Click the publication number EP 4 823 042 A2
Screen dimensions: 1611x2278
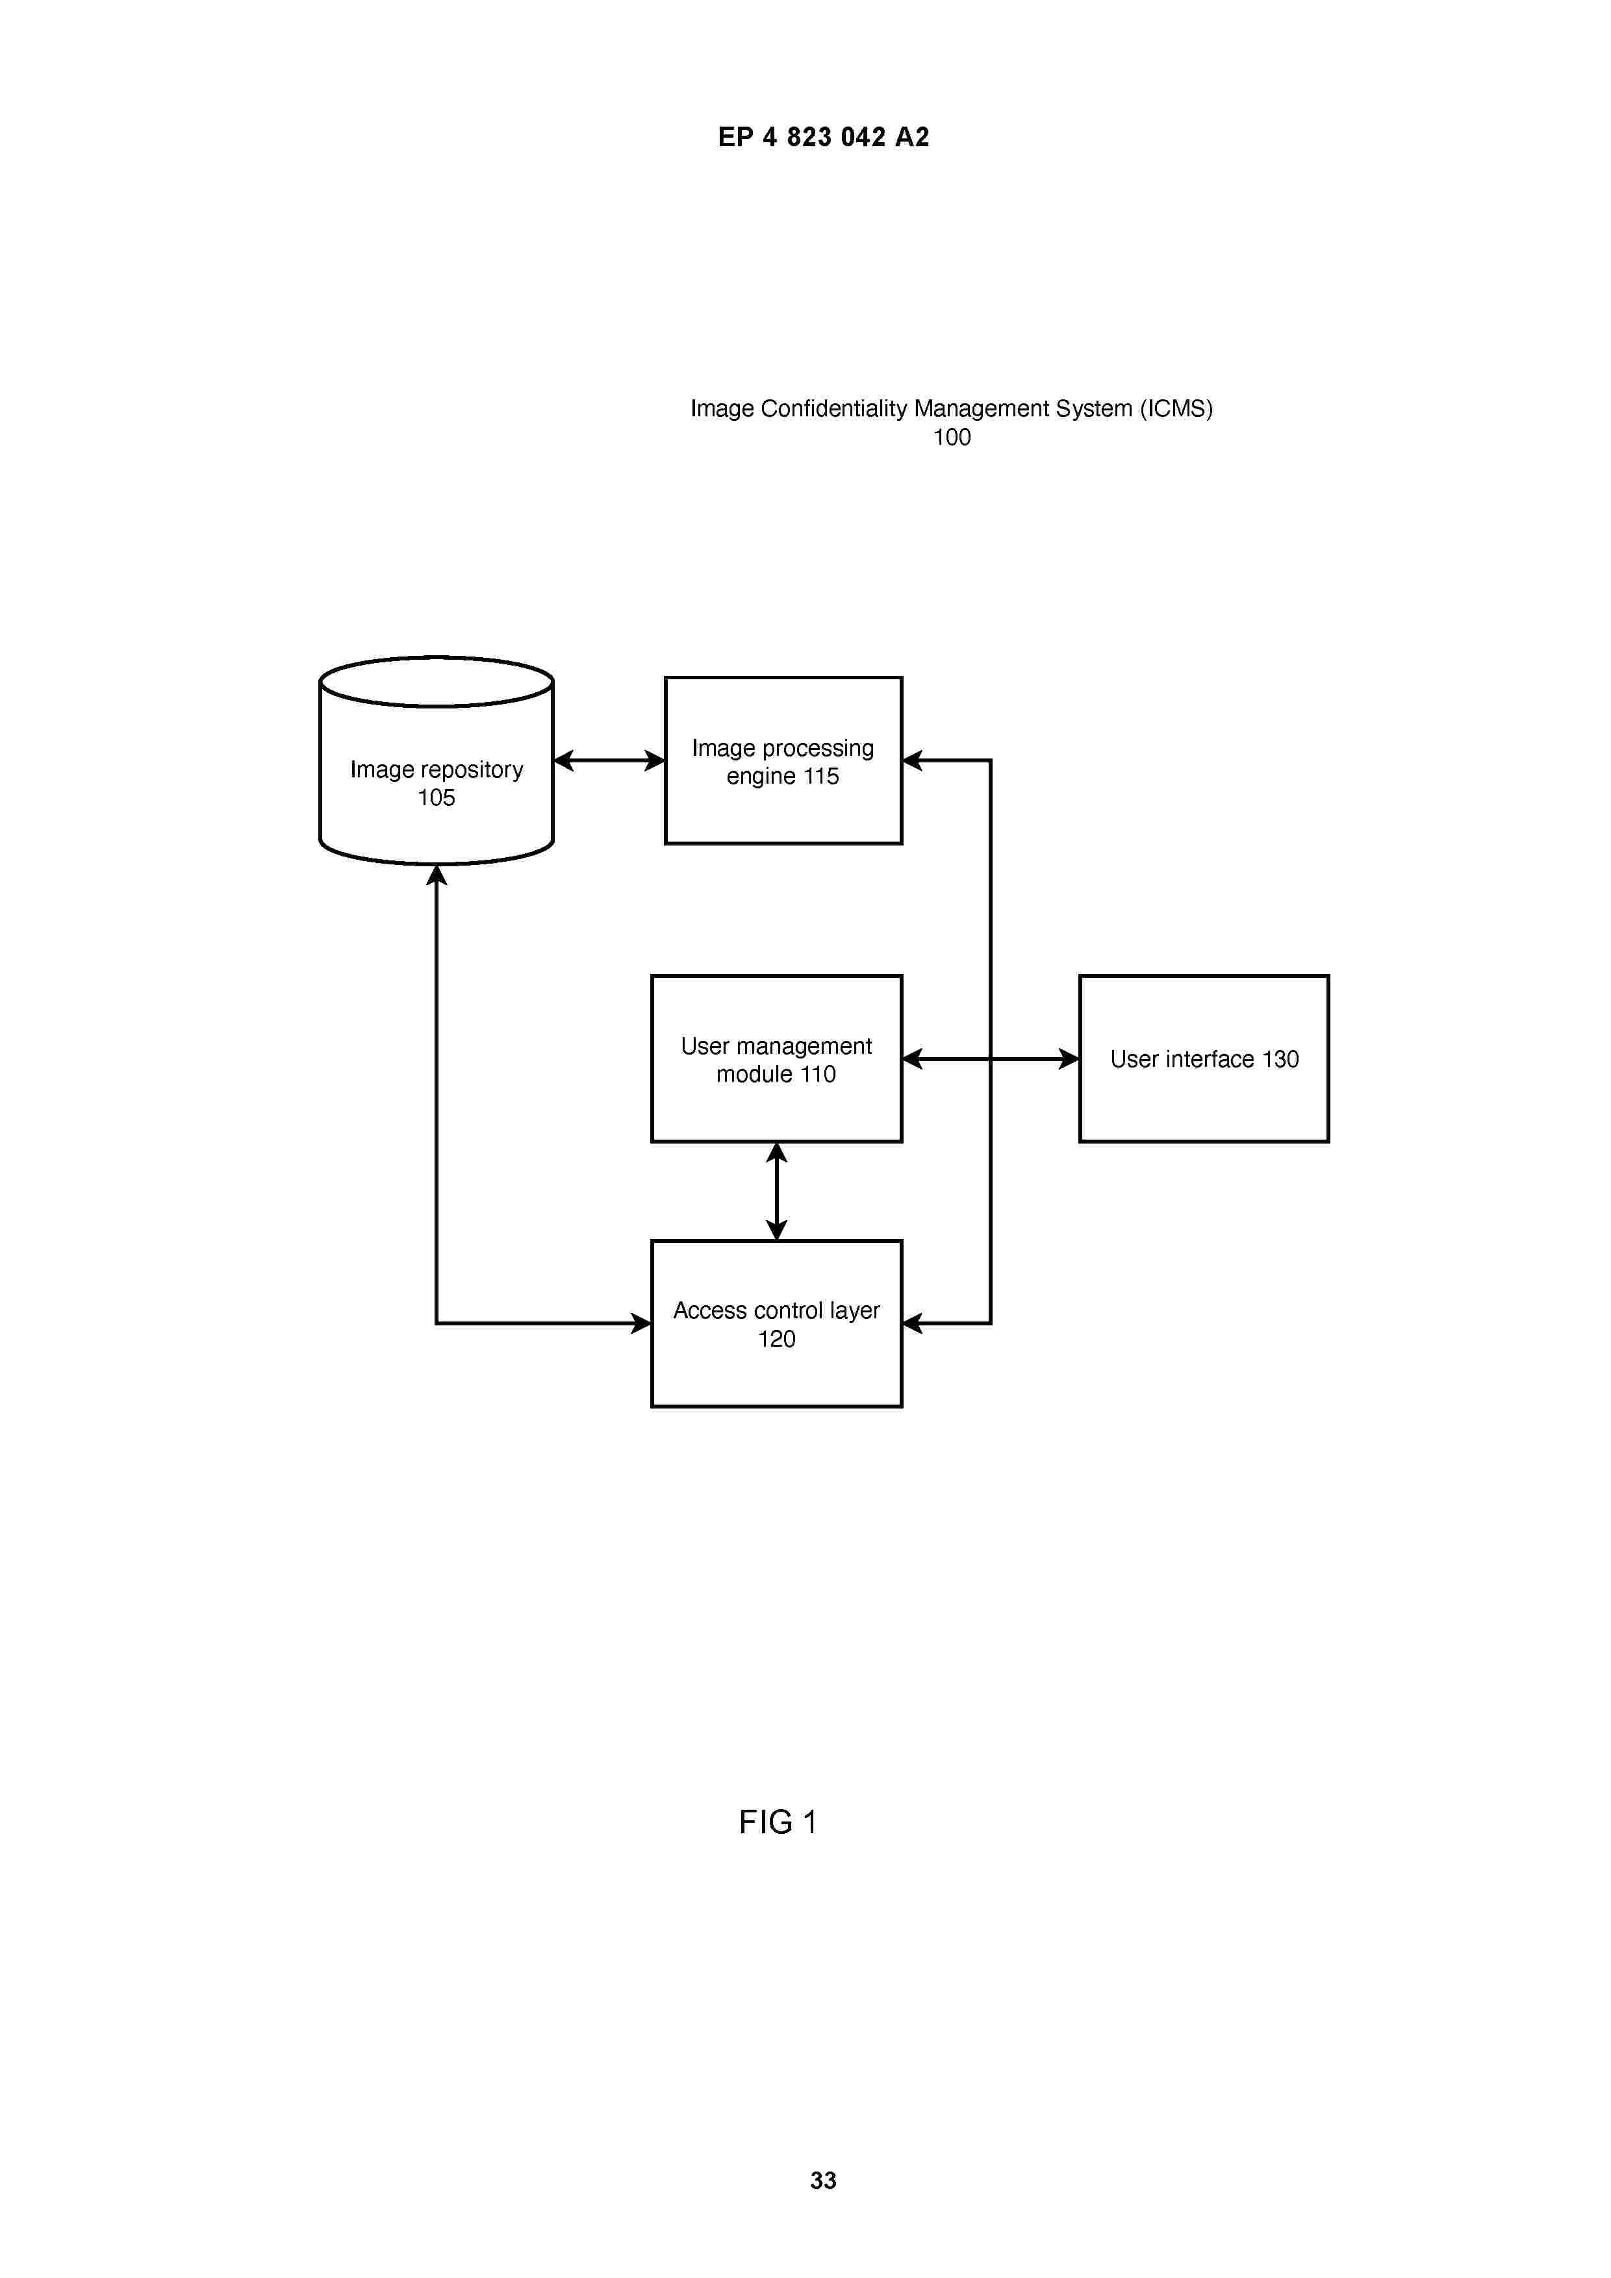coord(823,137)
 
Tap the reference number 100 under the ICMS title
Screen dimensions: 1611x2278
coord(952,438)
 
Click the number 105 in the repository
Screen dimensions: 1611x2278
coord(436,797)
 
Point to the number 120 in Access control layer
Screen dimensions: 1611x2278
coord(776,1340)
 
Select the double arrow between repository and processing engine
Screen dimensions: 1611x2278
coord(609,761)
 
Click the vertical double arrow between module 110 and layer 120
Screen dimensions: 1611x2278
coord(776,1192)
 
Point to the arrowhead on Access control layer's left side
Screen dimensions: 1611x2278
coord(641,1323)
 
